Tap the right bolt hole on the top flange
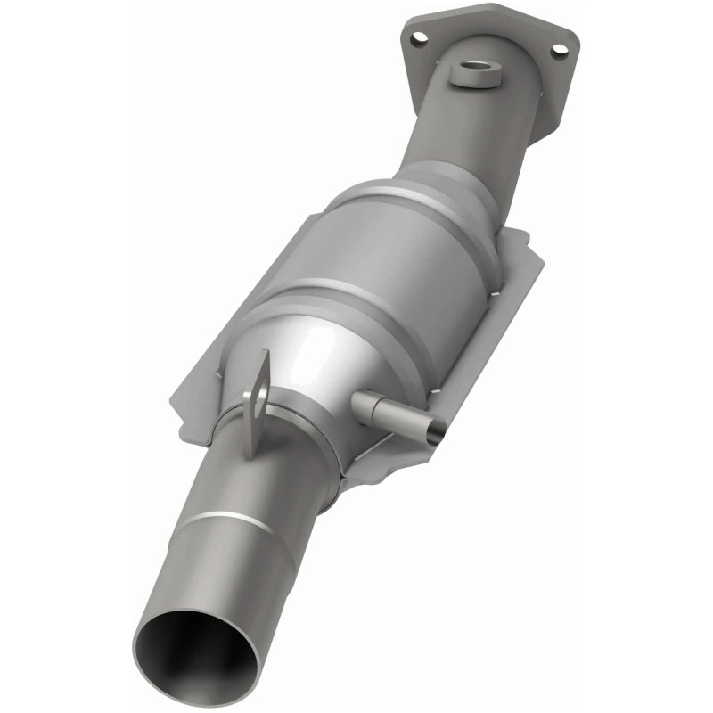click(x=558, y=51)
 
